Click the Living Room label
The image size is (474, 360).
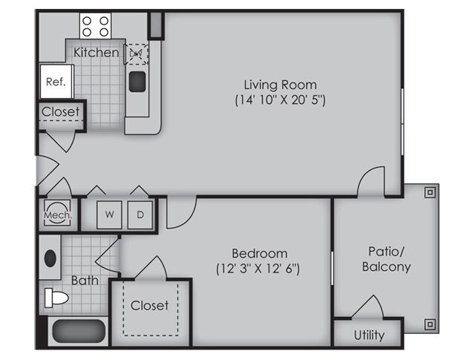[280, 85]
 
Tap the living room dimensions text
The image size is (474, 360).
[280, 100]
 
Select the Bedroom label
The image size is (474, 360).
[259, 253]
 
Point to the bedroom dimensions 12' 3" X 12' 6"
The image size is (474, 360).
[258, 269]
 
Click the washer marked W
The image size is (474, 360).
[109, 215]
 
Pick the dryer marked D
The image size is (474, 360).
[140, 215]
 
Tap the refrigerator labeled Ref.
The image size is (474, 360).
[56, 82]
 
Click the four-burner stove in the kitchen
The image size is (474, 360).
[95, 26]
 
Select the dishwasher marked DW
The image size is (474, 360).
[137, 54]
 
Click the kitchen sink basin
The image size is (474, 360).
[137, 82]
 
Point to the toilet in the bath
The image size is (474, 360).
[56, 298]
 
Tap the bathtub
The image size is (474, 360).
[78, 331]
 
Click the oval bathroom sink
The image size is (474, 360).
[51, 258]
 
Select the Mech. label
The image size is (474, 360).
[58, 215]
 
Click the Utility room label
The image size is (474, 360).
[369, 336]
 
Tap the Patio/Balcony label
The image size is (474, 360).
[386, 259]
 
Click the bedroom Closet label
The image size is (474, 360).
[149, 306]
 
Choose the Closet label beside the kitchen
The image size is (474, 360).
[60, 112]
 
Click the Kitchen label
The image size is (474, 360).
[96, 53]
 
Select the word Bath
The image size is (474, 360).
[85, 281]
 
